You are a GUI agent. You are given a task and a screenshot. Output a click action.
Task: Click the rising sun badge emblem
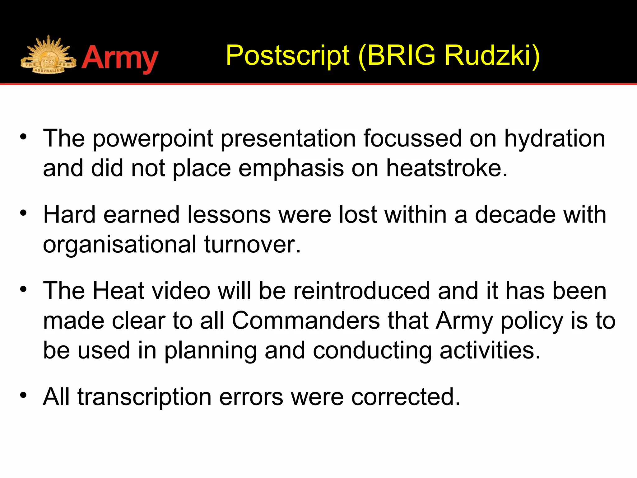click(x=48, y=55)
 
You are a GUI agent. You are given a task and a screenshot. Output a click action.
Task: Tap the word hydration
click(x=554, y=138)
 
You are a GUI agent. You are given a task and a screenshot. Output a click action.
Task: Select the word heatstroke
click(x=447, y=168)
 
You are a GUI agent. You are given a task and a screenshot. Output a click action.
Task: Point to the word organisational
click(x=119, y=245)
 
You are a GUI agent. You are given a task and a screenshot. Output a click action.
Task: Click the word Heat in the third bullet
click(x=119, y=291)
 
